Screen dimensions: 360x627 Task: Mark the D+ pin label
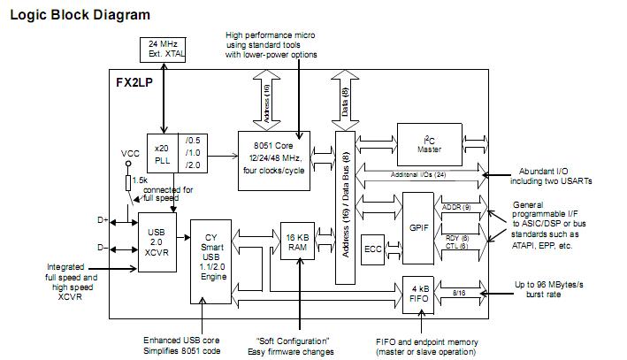pos(102,218)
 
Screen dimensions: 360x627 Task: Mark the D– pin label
pos(102,248)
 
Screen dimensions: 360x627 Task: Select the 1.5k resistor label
pos(140,180)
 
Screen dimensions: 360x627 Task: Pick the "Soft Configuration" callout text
pos(293,341)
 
